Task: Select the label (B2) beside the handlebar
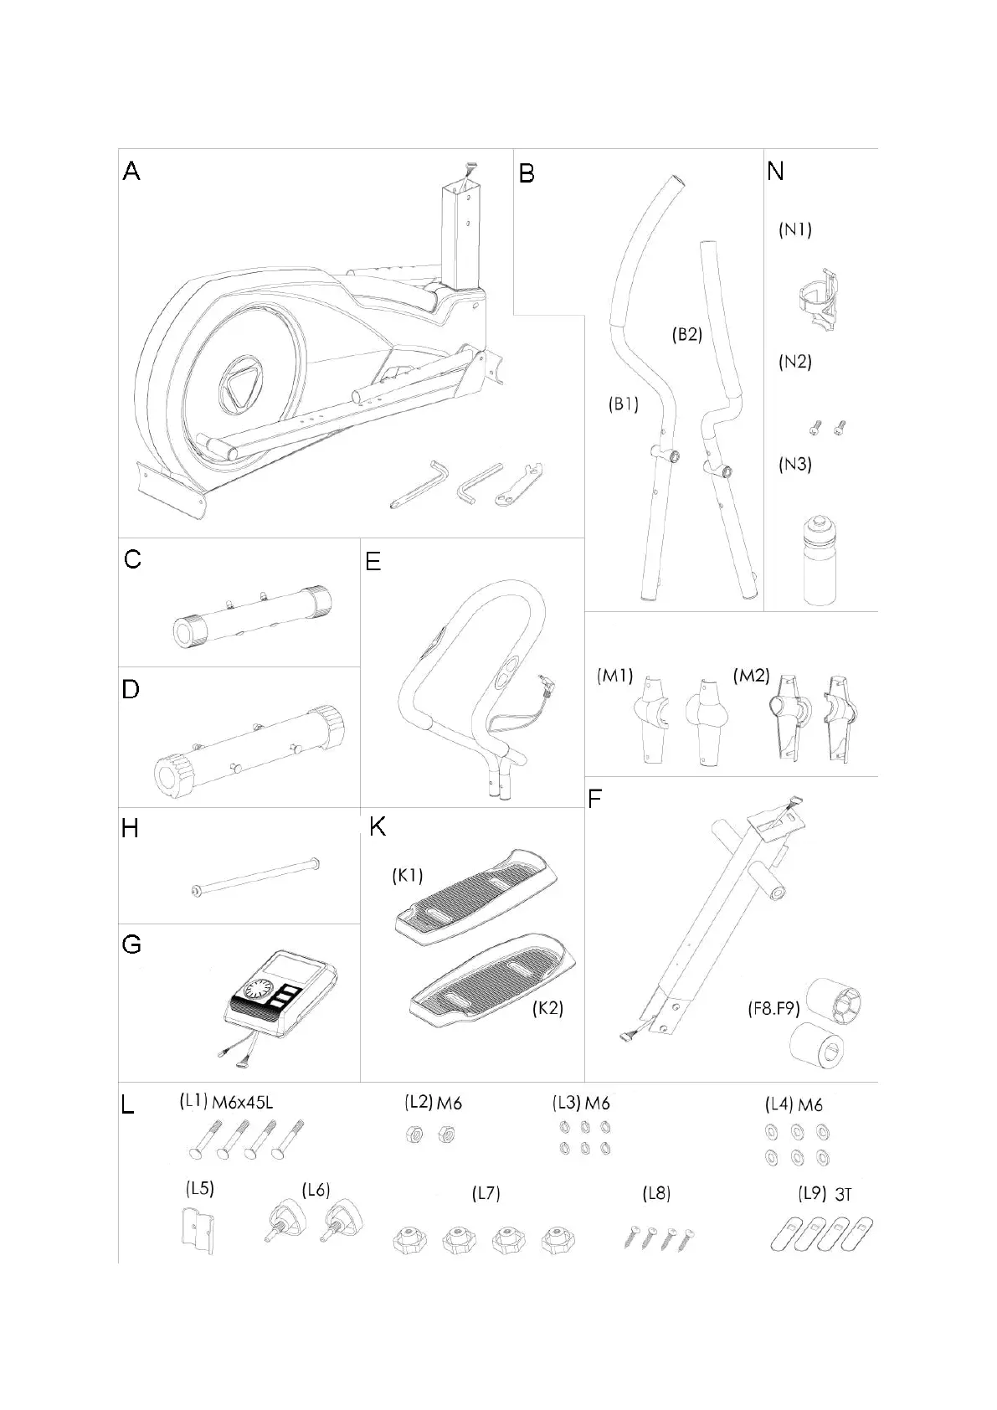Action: [x=686, y=334]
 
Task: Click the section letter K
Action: [x=378, y=827]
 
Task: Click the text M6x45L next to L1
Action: [x=242, y=1103]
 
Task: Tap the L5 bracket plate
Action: [x=197, y=1231]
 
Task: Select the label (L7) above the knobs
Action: [x=486, y=1193]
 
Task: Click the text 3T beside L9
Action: [x=844, y=1195]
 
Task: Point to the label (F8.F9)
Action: [x=774, y=1009]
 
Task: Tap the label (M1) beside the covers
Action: [x=615, y=676]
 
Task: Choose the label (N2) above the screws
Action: [x=794, y=362]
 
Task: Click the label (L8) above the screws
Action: [x=656, y=1193]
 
